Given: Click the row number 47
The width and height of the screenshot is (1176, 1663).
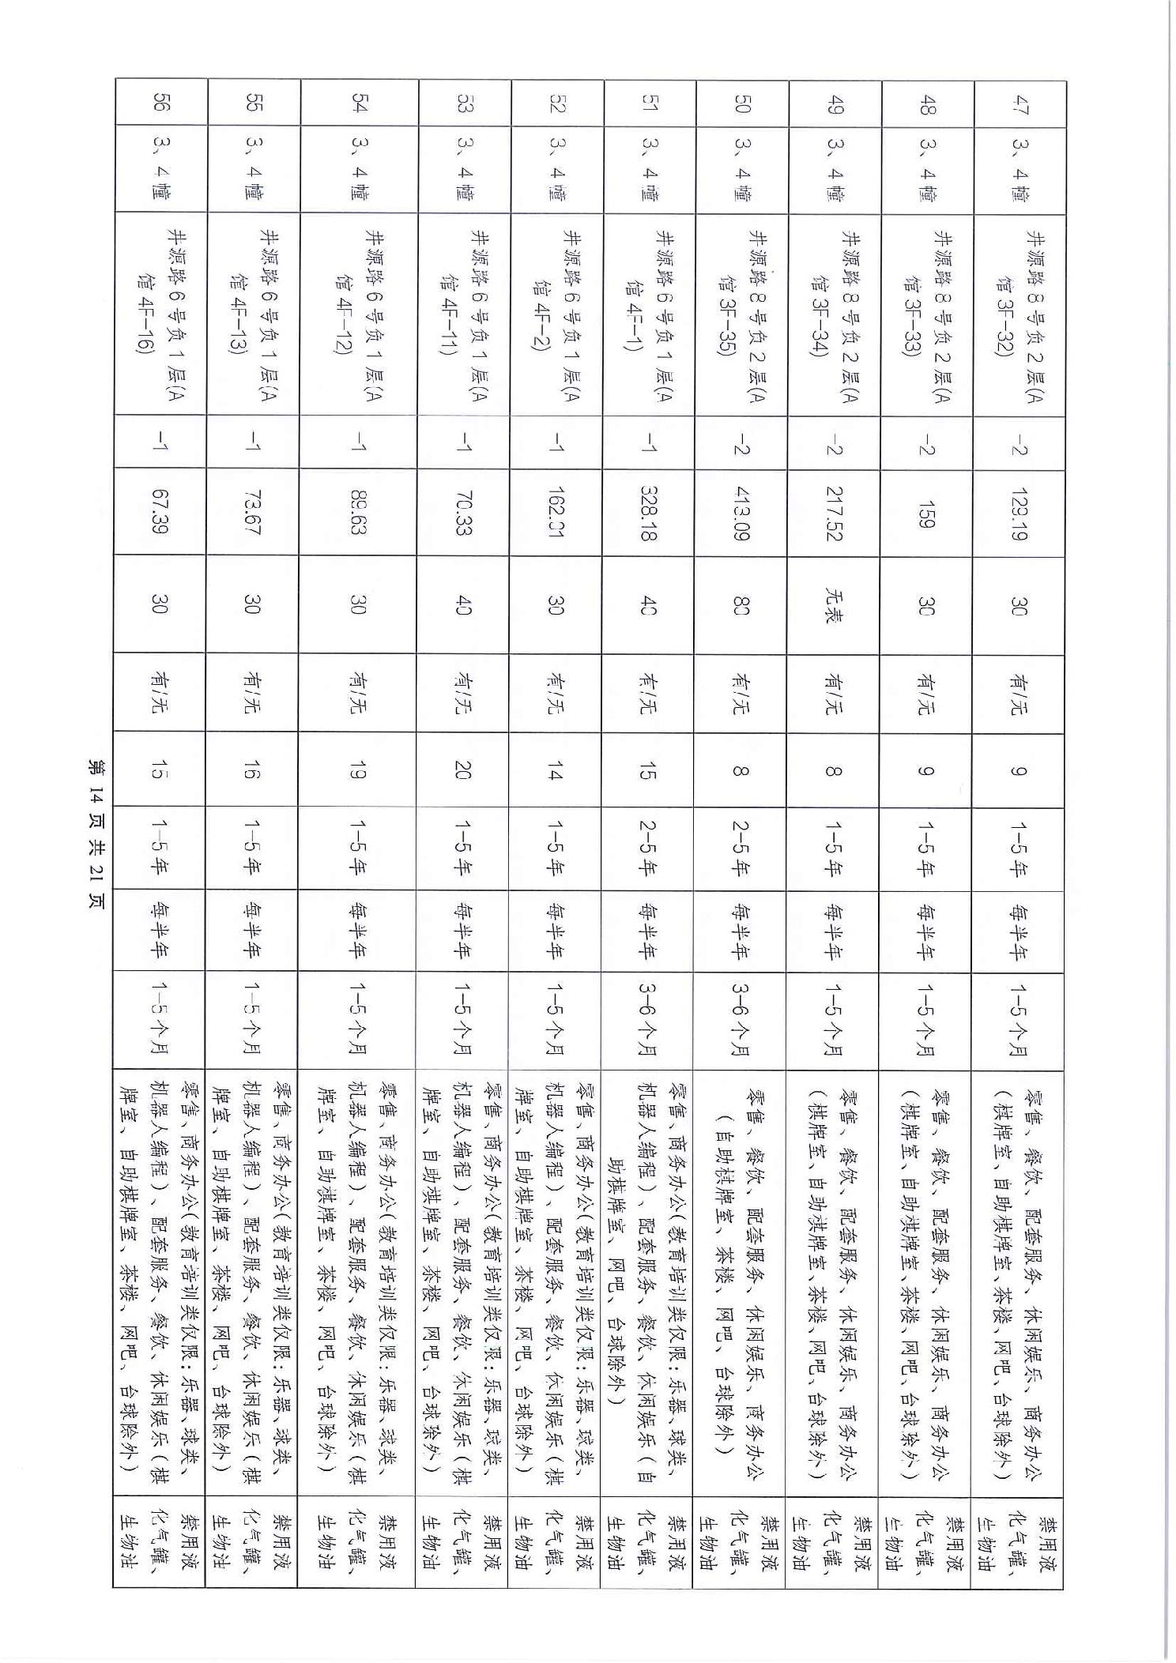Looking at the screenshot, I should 1020,103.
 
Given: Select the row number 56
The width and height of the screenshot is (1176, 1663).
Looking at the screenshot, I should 160,103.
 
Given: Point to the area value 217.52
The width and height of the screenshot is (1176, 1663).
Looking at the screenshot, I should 834,513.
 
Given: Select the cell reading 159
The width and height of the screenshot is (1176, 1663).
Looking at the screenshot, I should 926,513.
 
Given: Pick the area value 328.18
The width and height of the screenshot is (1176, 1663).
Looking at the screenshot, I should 649,513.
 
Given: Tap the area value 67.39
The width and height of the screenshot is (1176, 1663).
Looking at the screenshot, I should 160,513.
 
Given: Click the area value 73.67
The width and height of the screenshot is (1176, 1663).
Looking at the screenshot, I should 254,513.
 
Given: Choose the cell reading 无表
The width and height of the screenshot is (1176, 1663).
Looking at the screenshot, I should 834,605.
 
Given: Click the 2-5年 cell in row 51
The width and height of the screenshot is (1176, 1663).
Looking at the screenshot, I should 649,850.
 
